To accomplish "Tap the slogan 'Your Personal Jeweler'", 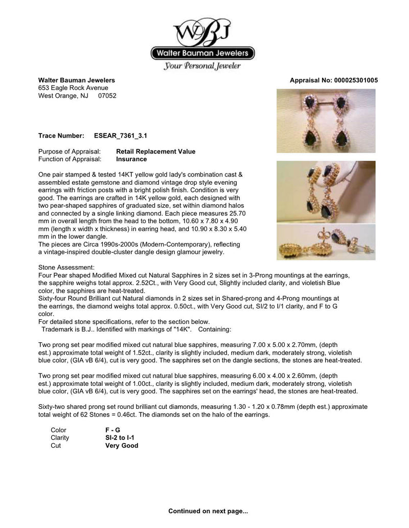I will click(x=202, y=66).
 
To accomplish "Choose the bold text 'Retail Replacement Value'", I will click(x=155, y=152).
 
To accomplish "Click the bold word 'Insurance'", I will click(x=131, y=159).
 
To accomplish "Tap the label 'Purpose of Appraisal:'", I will click(x=70, y=152).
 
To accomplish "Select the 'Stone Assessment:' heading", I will click(x=66, y=268).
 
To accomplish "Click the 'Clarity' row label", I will click(x=60, y=438).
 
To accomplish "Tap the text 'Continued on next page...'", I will click(x=208, y=511).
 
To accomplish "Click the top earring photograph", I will click(x=326, y=121).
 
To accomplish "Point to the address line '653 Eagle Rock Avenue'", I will click(x=73, y=88).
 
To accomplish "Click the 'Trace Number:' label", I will click(x=61, y=136).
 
